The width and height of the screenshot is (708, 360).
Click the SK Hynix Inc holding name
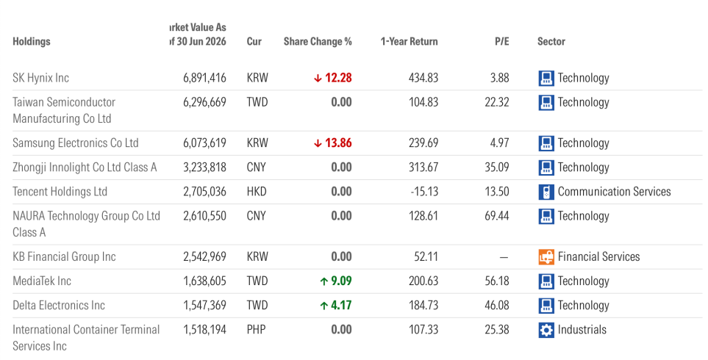click(40, 78)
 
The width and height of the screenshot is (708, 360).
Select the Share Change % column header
click(318, 41)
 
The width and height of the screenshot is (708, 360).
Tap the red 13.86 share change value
click(338, 143)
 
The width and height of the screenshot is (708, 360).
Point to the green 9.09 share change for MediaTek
click(341, 281)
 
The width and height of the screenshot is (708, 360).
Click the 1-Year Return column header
click(409, 41)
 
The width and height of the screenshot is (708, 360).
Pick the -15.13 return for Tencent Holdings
click(424, 192)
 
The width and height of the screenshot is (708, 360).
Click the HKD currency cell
click(257, 192)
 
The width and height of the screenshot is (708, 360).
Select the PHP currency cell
click(256, 330)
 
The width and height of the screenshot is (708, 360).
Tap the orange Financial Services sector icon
click(546, 257)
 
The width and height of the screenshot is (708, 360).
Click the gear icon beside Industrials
click(546, 330)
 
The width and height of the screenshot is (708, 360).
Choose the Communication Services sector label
click(614, 192)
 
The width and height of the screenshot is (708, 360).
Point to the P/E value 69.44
click(497, 216)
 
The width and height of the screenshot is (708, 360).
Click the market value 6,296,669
click(204, 102)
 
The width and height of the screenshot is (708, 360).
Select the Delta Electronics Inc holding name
click(59, 306)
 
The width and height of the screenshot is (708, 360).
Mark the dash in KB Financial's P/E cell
click(504, 257)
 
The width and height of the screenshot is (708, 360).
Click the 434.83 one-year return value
click(423, 78)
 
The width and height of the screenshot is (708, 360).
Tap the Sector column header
click(551, 41)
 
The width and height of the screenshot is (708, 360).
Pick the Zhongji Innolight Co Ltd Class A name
click(85, 168)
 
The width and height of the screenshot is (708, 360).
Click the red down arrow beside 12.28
click(318, 79)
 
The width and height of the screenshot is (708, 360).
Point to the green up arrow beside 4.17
click(323, 306)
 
